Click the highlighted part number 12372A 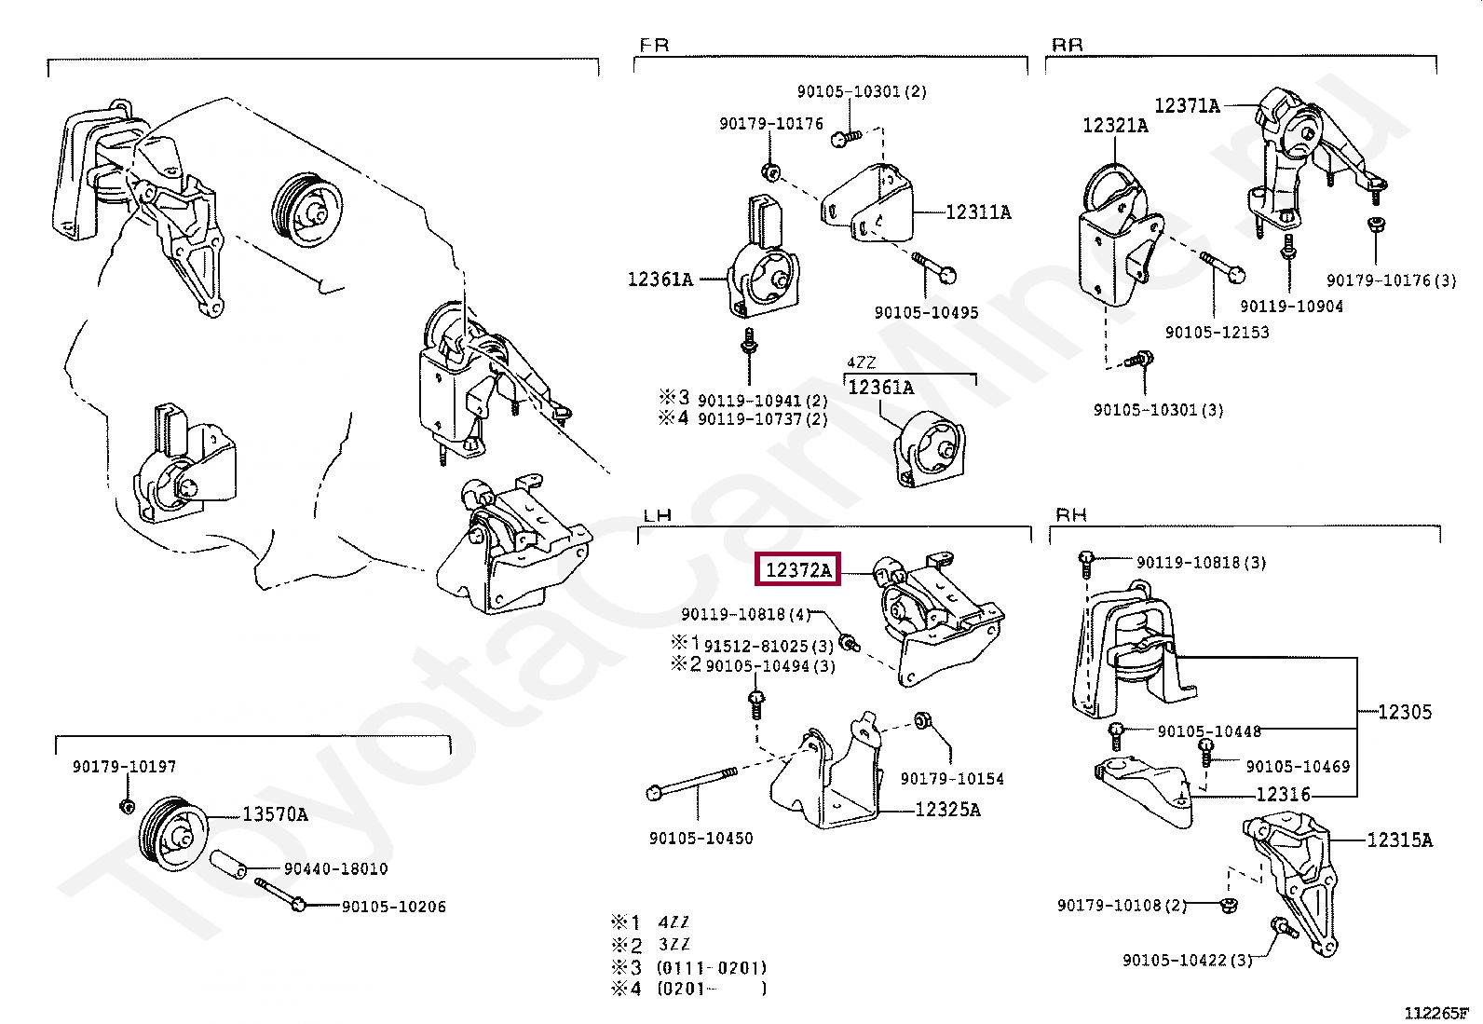coord(797,569)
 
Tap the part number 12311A coord(978,212)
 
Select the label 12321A coord(1115,125)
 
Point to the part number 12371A coord(1187,106)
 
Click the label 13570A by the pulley coord(275,814)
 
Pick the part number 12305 coord(1404,712)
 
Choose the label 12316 coord(1283,794)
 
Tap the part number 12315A coord(1399,840)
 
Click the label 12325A coord(947,810)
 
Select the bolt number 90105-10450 coord(701,839)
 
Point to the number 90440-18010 coord(335,869)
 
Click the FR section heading coord(654,45)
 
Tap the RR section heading coord(1068,45)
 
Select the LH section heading coord(658,514)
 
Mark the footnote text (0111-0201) coord(712,968)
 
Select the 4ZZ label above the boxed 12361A coord(861,363)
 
